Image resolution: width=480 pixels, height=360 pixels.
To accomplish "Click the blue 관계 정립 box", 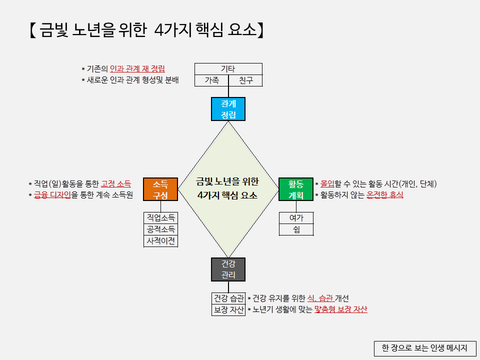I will (228, 109).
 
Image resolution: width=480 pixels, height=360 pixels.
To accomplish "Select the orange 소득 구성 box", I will (160, 189).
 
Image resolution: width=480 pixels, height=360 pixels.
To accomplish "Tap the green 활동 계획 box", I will (295, 189).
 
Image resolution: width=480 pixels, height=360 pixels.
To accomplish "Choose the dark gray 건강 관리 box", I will (228, 269).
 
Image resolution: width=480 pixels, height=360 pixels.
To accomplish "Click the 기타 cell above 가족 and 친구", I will (228, 69).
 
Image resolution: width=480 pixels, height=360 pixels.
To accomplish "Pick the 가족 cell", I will (211, 80).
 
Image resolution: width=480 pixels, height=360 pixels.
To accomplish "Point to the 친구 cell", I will (245, 80).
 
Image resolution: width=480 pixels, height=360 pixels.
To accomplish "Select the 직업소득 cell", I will (160, 218).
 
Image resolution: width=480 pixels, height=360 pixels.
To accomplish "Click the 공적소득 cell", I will (160, 229).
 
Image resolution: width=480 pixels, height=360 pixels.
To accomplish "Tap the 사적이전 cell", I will (160, 241).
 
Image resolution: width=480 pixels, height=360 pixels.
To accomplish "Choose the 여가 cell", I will (295, 218).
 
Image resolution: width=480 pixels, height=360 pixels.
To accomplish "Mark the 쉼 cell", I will (295, 229).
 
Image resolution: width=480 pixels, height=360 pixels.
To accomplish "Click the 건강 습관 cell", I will (228, 298).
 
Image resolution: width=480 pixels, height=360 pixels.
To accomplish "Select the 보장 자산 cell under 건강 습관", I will (228, 310).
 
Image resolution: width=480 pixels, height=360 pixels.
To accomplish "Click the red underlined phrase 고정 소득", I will (115, 184).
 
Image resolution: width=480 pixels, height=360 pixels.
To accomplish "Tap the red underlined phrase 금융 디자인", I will (52, 195).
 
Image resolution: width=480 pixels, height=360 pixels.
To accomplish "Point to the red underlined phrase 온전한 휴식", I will (385, 195).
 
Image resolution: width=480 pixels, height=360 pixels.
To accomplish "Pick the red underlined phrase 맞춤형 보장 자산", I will (341, 309).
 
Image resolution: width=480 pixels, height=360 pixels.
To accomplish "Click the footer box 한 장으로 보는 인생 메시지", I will (424, 348).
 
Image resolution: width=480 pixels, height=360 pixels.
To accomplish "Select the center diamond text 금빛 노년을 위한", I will (227, 181).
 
